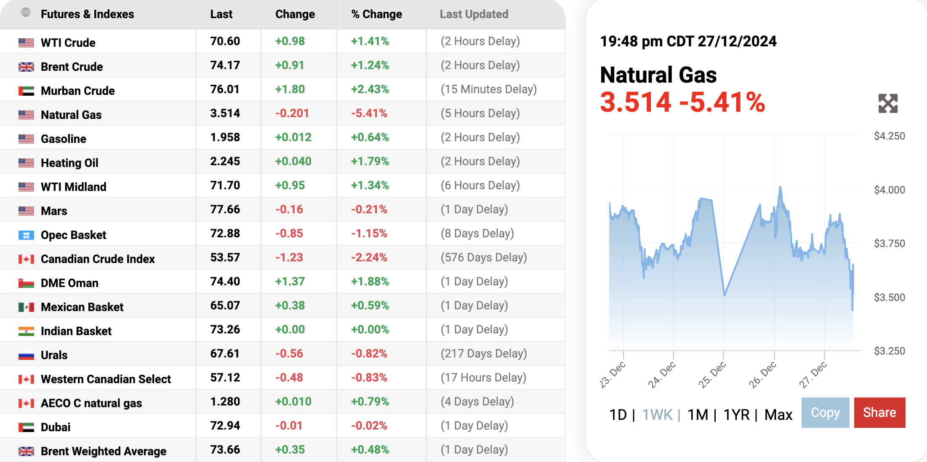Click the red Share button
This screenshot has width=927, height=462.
click(879, 413)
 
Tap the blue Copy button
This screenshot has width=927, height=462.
click(825, 413)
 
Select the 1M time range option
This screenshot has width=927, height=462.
click(698, 415)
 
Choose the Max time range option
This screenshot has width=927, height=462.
click(778, 415)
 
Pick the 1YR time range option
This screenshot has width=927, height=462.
click(736, 415)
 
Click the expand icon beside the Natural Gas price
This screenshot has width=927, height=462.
click(888, 103)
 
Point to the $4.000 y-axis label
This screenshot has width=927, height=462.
click(889, 190)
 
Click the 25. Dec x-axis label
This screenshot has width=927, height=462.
click(712, 374)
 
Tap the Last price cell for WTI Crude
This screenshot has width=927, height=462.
click(225, 41)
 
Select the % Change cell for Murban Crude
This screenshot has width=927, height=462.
click(370, 89)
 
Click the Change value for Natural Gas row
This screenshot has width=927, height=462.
click(292, 113)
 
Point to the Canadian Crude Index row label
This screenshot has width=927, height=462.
click(98, 259)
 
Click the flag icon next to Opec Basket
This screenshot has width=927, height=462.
click(26, 235)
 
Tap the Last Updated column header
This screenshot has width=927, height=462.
click(474, 14)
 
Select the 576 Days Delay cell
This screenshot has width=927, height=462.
click(484, 258)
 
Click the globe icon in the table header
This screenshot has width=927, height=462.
click(26, 13)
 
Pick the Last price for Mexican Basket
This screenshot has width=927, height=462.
click(225, 306)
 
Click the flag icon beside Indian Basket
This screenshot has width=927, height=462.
click(26, 331)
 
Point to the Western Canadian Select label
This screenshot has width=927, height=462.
click(106, 379)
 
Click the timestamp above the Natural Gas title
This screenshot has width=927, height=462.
click(688, 41)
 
